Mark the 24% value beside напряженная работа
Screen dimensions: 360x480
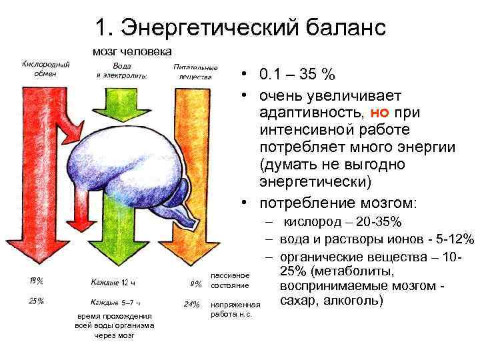coord(191,305)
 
